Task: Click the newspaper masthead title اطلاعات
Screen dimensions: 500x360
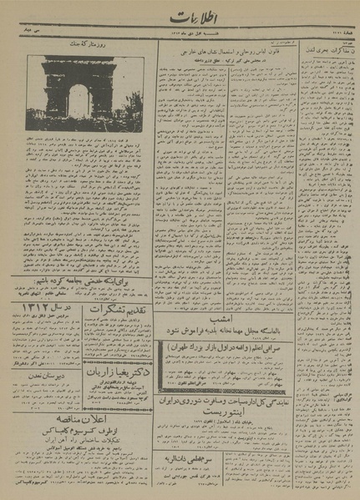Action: [x=194, y=18]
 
